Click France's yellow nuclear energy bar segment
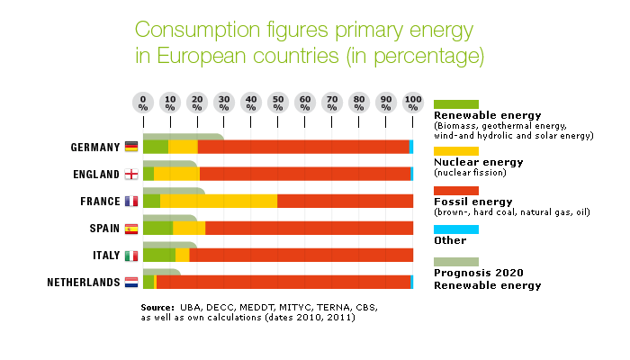[219, 201]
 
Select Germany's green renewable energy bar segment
[155, 147]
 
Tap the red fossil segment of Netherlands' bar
[283, 283]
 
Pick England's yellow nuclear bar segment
[176, 174]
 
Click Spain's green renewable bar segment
[157, 228]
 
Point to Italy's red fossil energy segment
[301, 256]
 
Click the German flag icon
[131, 147]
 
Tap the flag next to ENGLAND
[131, 174]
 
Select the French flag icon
[131, 201]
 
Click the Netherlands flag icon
[131, 283]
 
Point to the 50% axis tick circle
[278, 102]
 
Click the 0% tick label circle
[143, 102]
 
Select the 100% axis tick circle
[413, 102]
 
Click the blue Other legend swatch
[456, 229]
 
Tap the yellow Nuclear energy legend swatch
[456, 150]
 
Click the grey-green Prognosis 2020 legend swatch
[456, 261]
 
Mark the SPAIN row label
[103, 229]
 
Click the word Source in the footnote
[157, 308]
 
